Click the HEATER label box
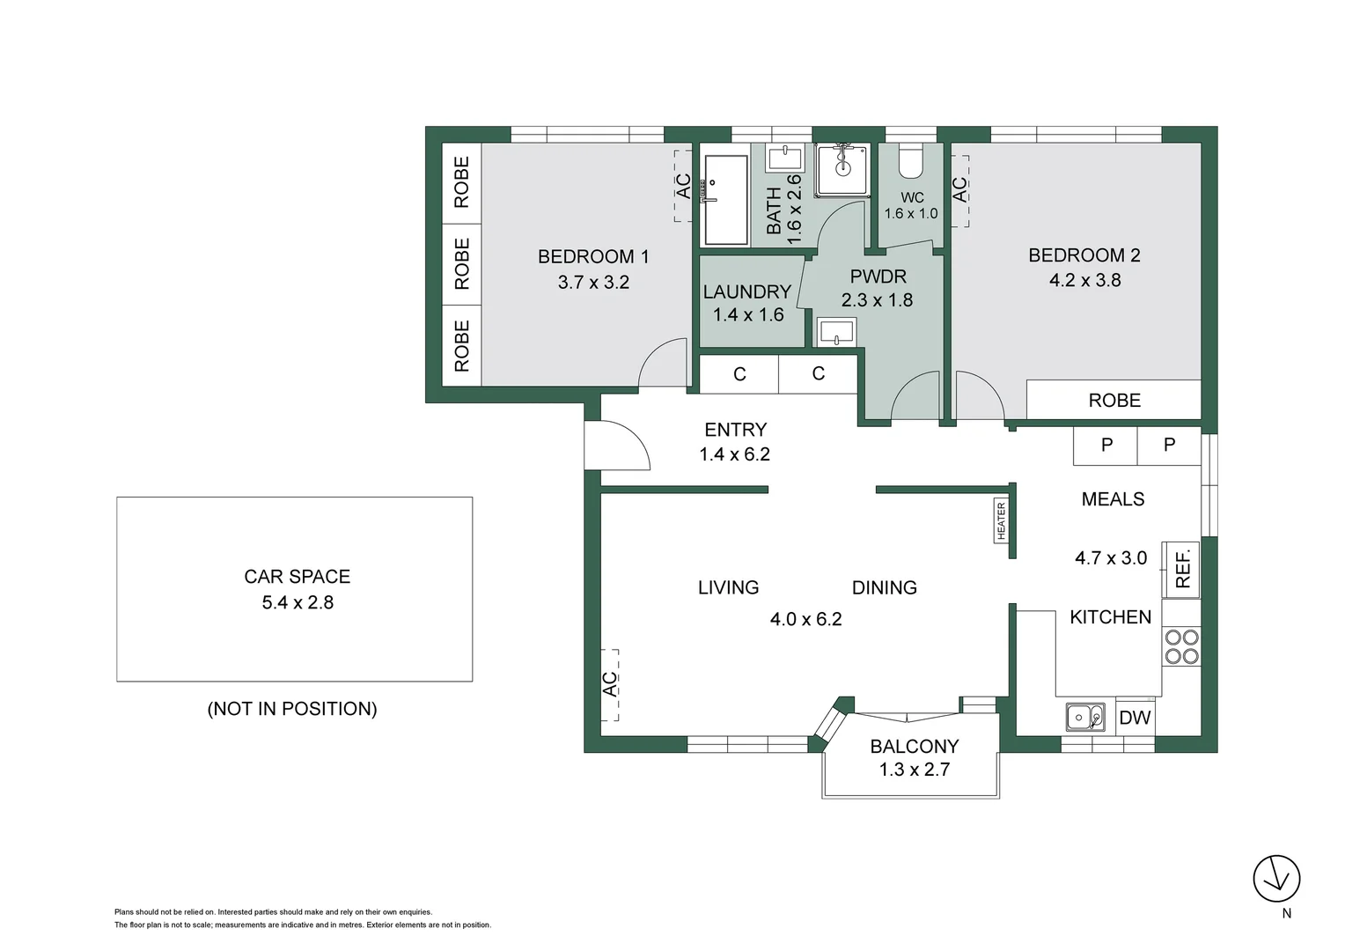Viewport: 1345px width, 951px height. coord(1001,521)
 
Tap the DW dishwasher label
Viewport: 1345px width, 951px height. coord(1135,718)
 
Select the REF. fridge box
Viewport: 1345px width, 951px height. coord(1181,570)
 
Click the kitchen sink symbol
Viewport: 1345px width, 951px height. coord(1085,718)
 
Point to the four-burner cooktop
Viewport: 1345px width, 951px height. coord(1181,646)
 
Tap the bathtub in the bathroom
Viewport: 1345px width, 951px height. coord(726,200)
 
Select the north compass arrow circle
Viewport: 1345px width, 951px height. coord(1276,878)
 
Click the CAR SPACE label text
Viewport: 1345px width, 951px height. coord(297,577)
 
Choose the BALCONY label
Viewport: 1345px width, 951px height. coord(915,746)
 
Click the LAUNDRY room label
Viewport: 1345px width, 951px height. coord(747,292)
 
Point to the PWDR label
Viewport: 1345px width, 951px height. coord(878,276)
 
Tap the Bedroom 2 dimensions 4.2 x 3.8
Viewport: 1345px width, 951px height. coord(1085,281)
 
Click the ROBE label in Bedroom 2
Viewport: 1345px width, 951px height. coord(1114,400)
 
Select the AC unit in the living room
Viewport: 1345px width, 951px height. coord(610,684)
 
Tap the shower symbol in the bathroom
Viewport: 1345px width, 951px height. coord(842,170)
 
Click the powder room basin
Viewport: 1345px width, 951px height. coord(836,332)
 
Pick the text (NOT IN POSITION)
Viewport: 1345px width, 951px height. coord(292,709)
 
